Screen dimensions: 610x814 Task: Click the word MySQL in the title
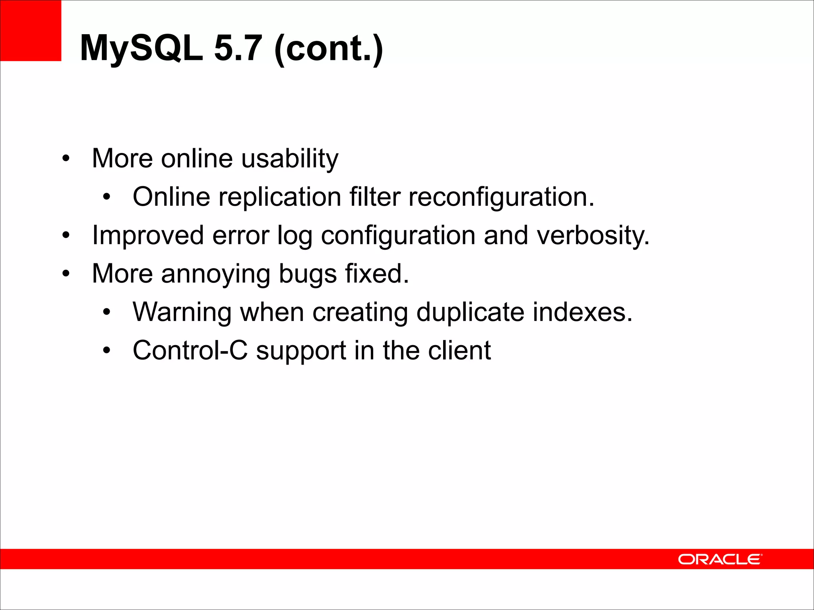point(141,48)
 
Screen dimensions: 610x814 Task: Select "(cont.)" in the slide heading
point(328,48)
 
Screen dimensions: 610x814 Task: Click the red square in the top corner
point(31,31)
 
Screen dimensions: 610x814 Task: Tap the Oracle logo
point(720,559)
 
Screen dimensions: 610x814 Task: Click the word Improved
point(148,236)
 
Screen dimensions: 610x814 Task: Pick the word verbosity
point(593,236)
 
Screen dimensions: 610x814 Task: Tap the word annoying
point(215,274)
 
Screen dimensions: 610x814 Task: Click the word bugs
point(308,274)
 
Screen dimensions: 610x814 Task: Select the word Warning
point(182,312)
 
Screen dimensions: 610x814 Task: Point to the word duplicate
point(470,312)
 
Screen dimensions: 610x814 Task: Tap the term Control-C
point(190,351)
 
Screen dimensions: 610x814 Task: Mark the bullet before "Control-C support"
point(106,351)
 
